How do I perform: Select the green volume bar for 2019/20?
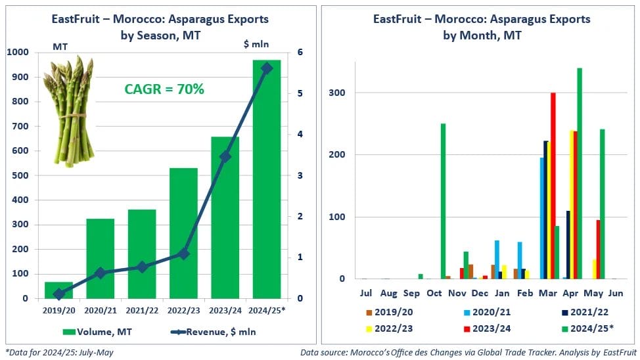coord(59,290)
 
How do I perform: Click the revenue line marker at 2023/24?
coord(225,156)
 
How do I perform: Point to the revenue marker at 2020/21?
coord(100,273)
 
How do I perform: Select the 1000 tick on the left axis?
coord(17,53)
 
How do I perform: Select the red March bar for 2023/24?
coord(553,186)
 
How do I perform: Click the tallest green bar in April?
coord(579,173)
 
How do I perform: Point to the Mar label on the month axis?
coord(551,292)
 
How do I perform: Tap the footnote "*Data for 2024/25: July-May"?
coord(59,353)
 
